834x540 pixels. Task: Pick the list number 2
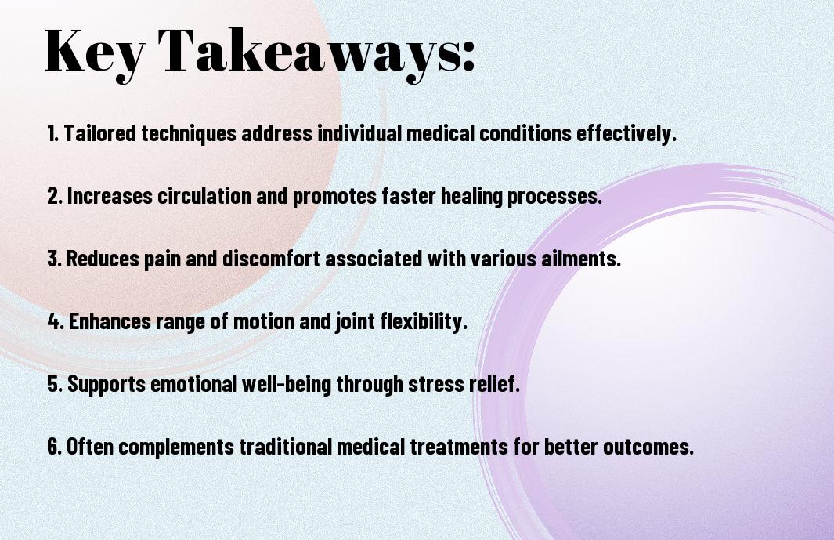pos(54,196)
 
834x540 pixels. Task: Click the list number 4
pos(56,321)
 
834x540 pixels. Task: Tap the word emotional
pos(193,384)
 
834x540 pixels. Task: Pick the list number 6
pos(54,446)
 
